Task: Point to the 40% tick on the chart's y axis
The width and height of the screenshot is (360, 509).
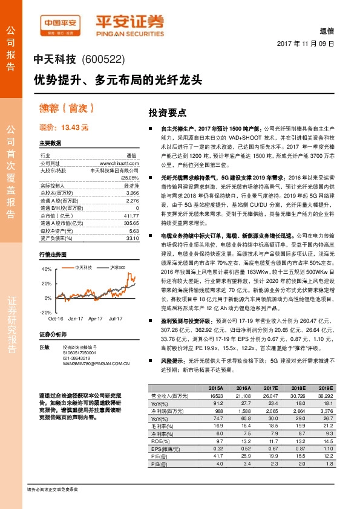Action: tap(47, 268)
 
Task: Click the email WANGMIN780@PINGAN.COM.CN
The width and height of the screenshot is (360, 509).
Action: tap(96, 364)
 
